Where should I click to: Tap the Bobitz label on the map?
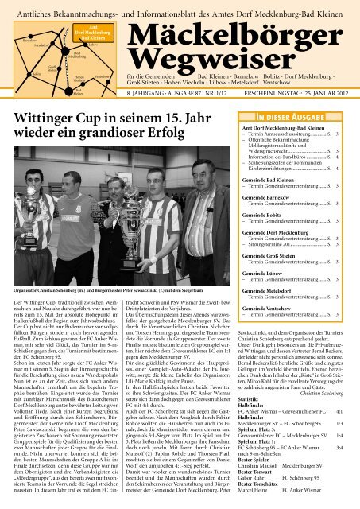pyautogui.click(x=15, y=72)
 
